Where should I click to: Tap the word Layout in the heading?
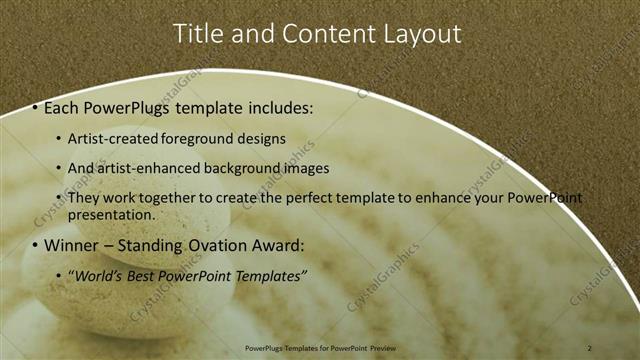tap(423, 33)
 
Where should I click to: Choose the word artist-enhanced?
tap(140, 169)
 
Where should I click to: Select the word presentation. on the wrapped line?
tap(112, 214)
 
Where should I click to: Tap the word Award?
tap(274, 245)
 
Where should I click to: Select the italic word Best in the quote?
tap(144, 275)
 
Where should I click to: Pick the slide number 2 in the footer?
tap(590, 347)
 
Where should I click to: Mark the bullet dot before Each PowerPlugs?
tap(35, 107)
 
